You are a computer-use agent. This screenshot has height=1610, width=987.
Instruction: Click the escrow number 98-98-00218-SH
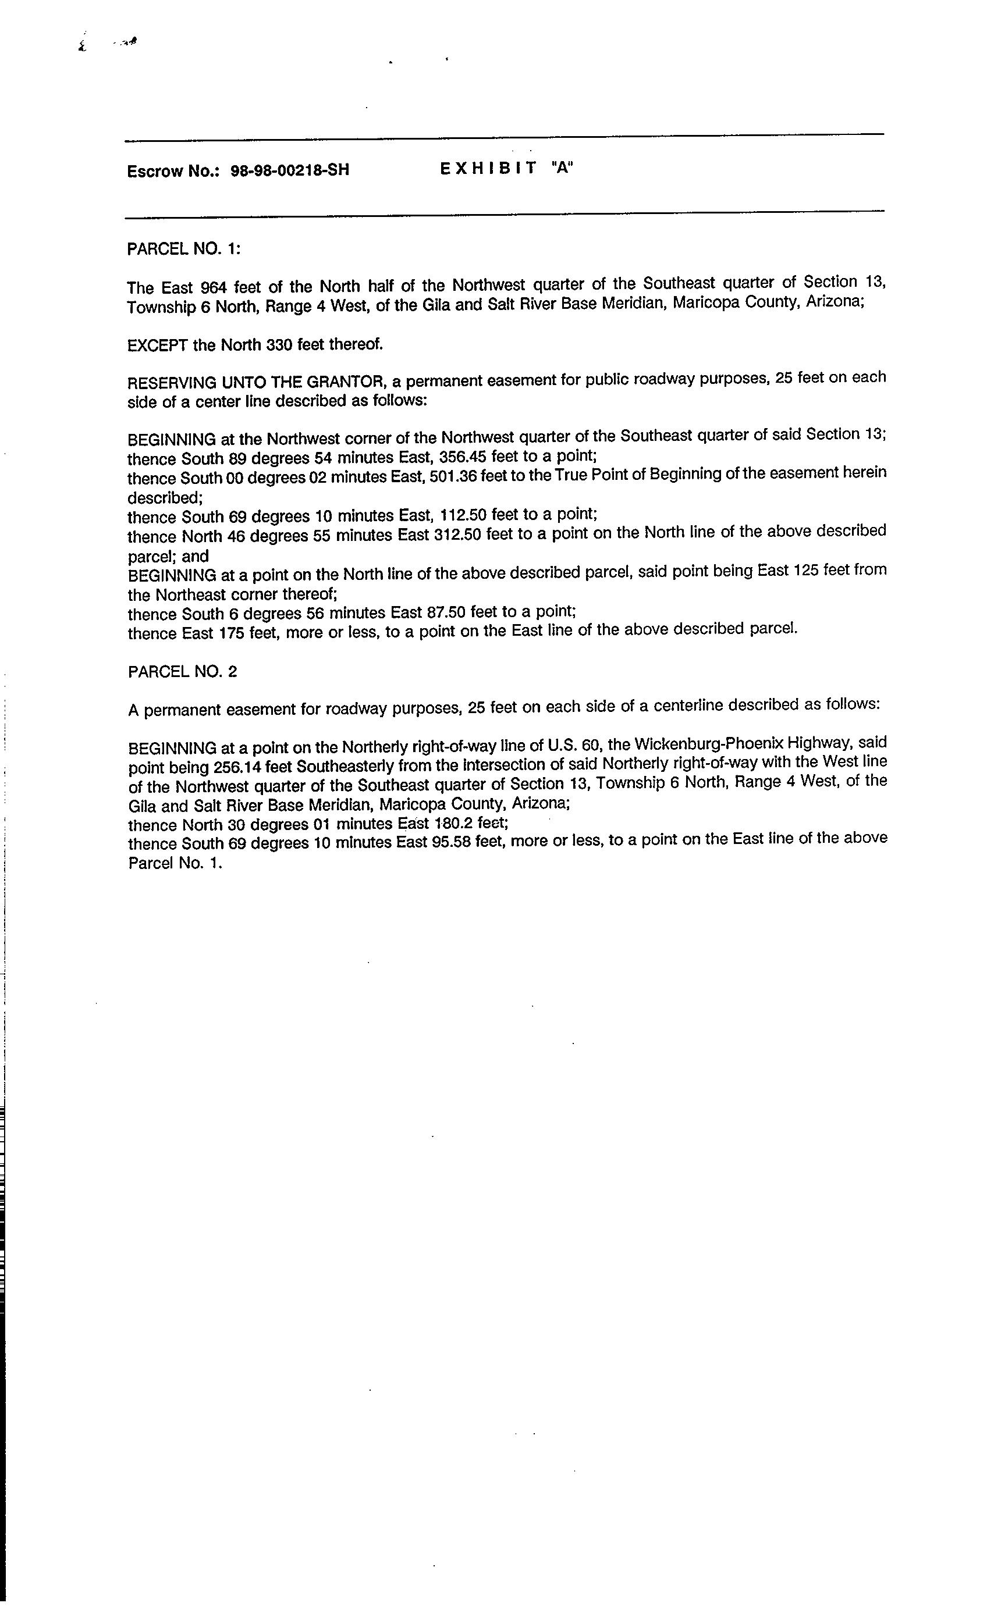pos(290,170)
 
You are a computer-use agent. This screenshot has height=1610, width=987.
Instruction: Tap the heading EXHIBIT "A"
pos(506,168)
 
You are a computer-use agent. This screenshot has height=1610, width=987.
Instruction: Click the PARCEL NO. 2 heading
pos(182,672)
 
